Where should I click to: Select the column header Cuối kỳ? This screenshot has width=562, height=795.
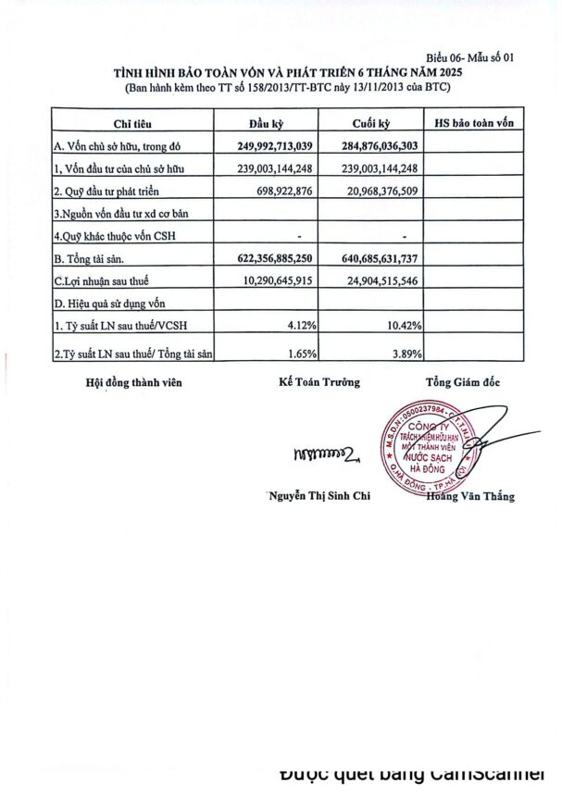pyautogui.click(x=368, y=124)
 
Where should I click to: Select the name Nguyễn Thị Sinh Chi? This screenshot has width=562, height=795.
pyautogui.click(x=318, y=497)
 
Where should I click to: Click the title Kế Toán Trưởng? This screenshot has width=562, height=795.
pyautogui.click(x=318, y=381)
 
